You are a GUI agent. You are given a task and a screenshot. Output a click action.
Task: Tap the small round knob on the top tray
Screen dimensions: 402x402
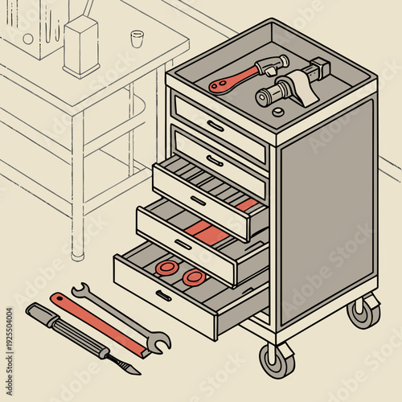[x=278, y=112]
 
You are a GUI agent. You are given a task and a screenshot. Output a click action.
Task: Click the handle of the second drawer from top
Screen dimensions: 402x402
[x=215, y=160]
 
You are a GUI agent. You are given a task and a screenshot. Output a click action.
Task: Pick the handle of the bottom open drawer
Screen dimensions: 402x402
[x=163, y=295]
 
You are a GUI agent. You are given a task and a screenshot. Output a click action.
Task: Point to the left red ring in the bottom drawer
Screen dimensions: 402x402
[x=166, y=267]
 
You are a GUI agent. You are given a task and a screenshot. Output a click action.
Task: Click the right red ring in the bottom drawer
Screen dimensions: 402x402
[x=193, y=277]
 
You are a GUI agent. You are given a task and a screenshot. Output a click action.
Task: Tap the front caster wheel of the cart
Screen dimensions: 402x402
[x=276, y=359]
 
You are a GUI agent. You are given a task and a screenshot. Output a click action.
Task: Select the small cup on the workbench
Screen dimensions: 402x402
[x=137, y=39]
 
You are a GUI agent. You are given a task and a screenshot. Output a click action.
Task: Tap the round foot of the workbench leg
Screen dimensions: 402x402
[x=77, y=256]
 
